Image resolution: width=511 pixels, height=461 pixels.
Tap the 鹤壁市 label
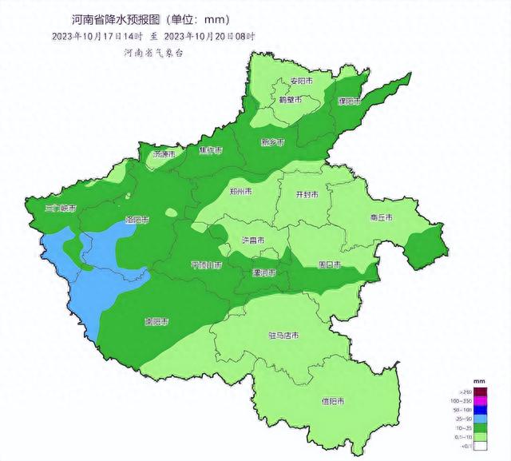pos(289,101)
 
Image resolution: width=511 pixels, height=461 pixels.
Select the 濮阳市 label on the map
pos(350,102)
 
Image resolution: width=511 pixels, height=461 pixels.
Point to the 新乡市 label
pos(271,142)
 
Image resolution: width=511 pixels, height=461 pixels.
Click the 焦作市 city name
pos(212,151)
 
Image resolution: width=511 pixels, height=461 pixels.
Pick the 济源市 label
pos(164,153)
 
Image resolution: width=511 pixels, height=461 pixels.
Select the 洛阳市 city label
pos(137,218)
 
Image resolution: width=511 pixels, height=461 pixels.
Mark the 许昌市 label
pos(253,240)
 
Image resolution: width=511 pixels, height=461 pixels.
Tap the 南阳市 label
pos(156,322)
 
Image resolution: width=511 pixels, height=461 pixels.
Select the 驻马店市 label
pos(283,336)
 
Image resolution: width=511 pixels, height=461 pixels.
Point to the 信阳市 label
pos(333,400)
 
